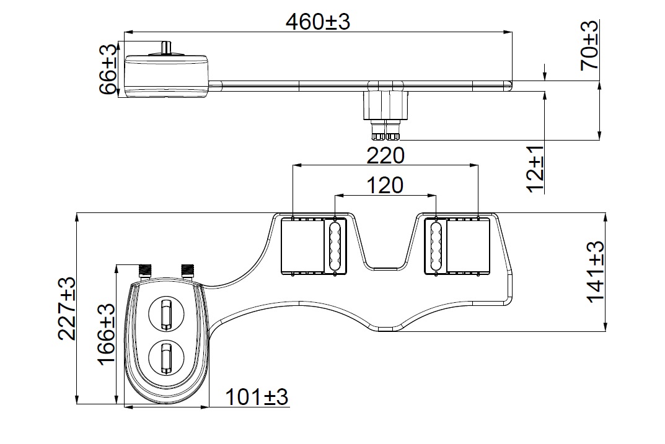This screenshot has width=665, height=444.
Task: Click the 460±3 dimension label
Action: [x=318, y=22]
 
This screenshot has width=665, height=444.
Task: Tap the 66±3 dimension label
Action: [x=109, y=68]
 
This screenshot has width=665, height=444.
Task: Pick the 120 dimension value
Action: [x=384, y=185]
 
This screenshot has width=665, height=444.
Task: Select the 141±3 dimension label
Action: [x=596, y=272]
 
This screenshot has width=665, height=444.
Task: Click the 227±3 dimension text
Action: [x=66, y=308]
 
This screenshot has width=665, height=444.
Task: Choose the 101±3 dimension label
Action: [x=256, y=397]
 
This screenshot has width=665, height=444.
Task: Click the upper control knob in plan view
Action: [x=165, y=313]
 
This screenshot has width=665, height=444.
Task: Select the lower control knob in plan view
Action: [x=165, y=357]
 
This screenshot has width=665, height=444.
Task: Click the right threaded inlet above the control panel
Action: [x=186, y=271]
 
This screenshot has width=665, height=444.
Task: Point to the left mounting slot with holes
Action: [x=335, y=246]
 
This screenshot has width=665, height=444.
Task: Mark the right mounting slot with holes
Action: [x=435, y=246]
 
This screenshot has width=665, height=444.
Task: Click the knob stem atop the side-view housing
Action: [x=165, y=48]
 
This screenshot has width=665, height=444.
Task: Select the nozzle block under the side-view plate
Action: [x=385, y=107]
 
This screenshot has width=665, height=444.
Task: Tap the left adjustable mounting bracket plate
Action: [x=302, y=246]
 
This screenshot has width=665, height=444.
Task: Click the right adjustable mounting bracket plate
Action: [x=468, y=246]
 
